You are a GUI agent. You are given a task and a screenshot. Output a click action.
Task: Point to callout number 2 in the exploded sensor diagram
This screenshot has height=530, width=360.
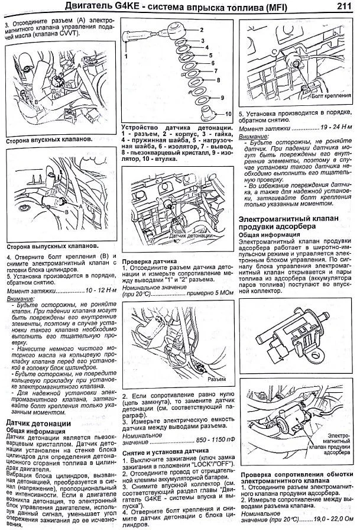pos(202,29)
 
